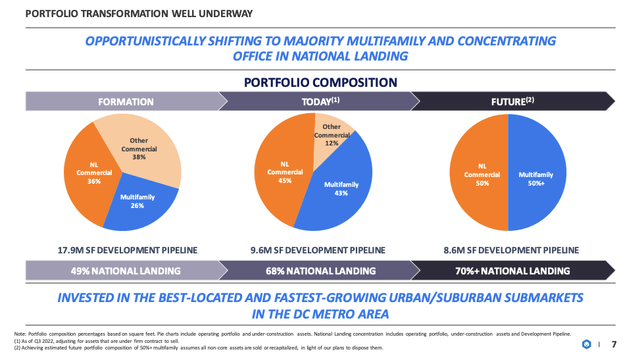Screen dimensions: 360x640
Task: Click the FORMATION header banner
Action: click(x=125, y=102)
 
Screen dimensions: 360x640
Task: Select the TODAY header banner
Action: click(x=320, y=102)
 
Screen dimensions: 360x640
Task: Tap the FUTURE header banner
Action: click(x=512, y=102)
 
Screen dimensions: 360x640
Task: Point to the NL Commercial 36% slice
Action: click(x=92, y=176)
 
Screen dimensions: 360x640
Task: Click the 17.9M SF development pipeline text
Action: click(x=127, y=250)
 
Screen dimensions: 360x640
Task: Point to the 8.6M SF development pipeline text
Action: click(x=511, y=250)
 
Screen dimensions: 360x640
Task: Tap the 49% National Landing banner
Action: click(x=125, y=270)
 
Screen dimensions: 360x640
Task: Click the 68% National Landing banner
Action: click(x=320, y=270)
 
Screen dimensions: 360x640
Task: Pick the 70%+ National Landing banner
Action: click(x=512, y=270)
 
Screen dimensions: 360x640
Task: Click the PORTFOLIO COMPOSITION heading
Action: click(x=320, y=82)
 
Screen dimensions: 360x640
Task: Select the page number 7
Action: click(x=613, y=345)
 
